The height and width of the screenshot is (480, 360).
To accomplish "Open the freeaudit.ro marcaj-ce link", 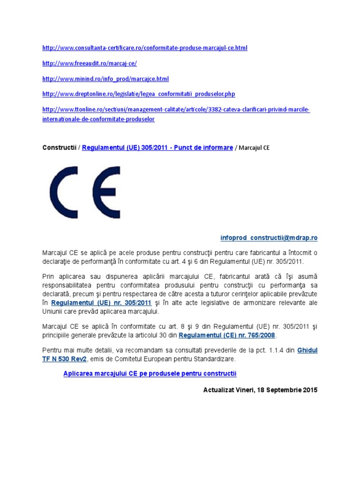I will (90, 63).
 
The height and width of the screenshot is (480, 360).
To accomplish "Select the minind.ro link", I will (105, 79).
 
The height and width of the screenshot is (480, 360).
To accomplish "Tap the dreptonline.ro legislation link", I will (138, 94).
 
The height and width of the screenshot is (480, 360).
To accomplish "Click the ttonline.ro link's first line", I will (176, 110).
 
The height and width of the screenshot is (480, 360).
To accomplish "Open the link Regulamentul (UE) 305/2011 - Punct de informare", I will (157, 148).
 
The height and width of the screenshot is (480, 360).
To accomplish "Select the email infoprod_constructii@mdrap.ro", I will (269, 238).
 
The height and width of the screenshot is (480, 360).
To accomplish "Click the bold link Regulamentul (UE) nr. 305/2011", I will (101, 303).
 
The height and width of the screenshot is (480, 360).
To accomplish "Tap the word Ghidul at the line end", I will (307, 350).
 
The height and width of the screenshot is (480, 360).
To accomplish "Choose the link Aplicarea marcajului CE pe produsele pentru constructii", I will (150, 373).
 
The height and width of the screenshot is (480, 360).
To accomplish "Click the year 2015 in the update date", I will (309, 390).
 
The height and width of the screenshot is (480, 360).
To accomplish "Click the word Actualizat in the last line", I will (220, 390).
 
